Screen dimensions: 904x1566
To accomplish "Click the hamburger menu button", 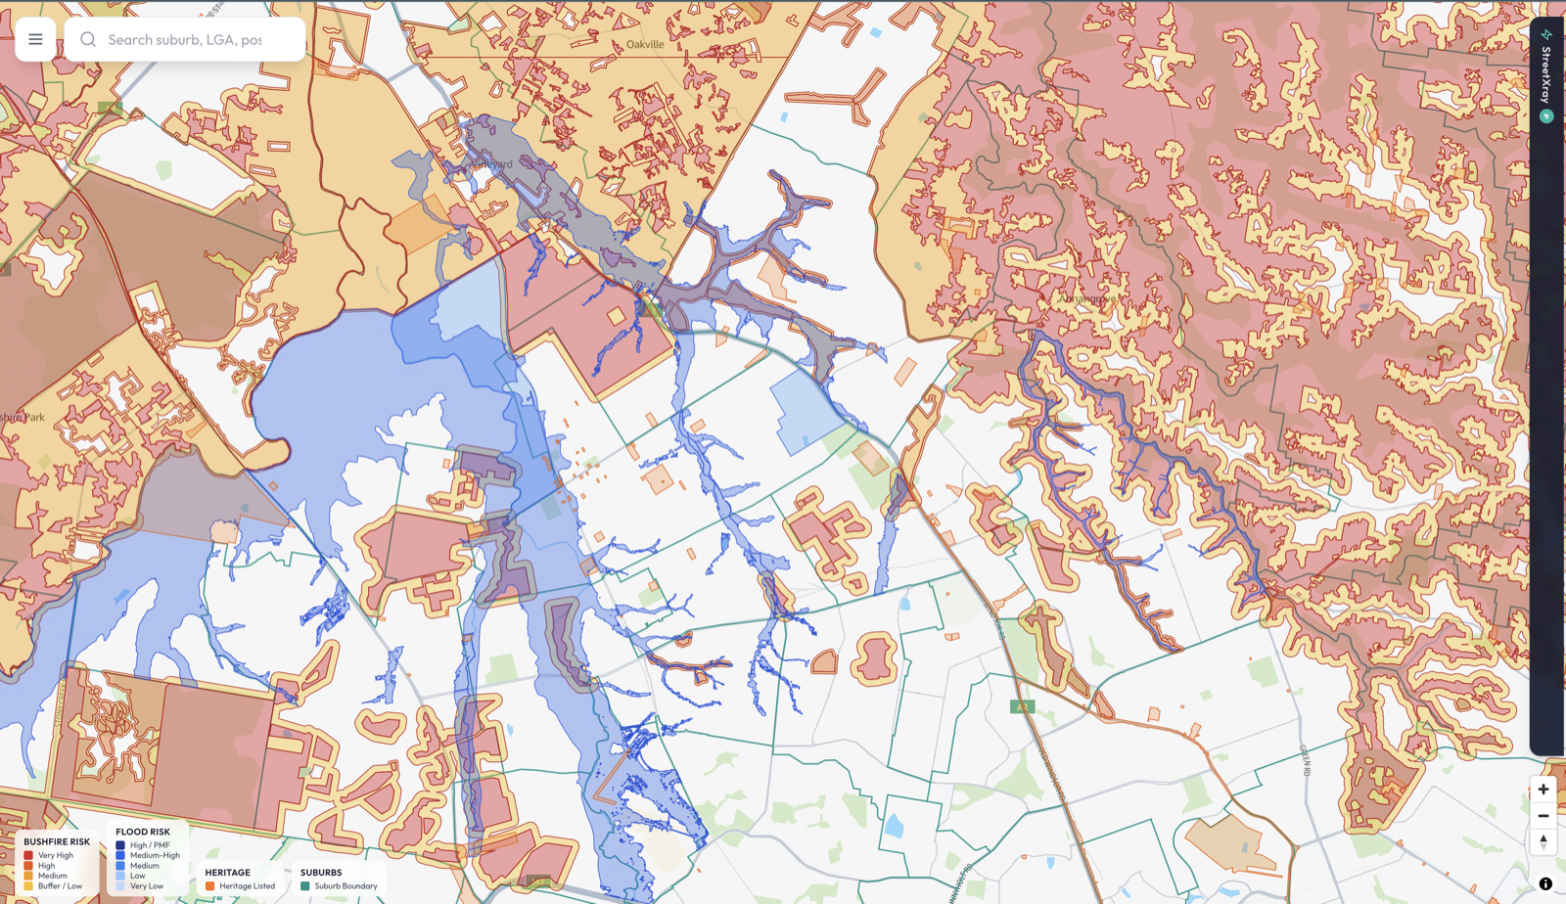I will (x=35, y=39).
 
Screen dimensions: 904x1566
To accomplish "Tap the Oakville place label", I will (x=645, y=44).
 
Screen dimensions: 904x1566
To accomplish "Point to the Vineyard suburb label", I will (x=493, y=164).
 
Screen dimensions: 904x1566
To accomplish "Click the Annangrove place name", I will (x=1087, y=298).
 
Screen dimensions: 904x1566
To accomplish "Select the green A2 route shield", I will (x=1022, y=706).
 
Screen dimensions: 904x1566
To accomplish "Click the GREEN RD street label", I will (x=1306, y=761).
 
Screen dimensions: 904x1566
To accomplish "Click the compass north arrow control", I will (x=1543, y=841).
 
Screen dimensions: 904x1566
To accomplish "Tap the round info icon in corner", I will (x=1545, y=883).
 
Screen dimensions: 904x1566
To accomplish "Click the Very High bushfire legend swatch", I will (x=28, y=855).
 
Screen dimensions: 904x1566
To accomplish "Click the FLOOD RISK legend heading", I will (x=143, y=832).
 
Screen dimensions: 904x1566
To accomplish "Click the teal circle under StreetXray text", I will (x=1546, y=116).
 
